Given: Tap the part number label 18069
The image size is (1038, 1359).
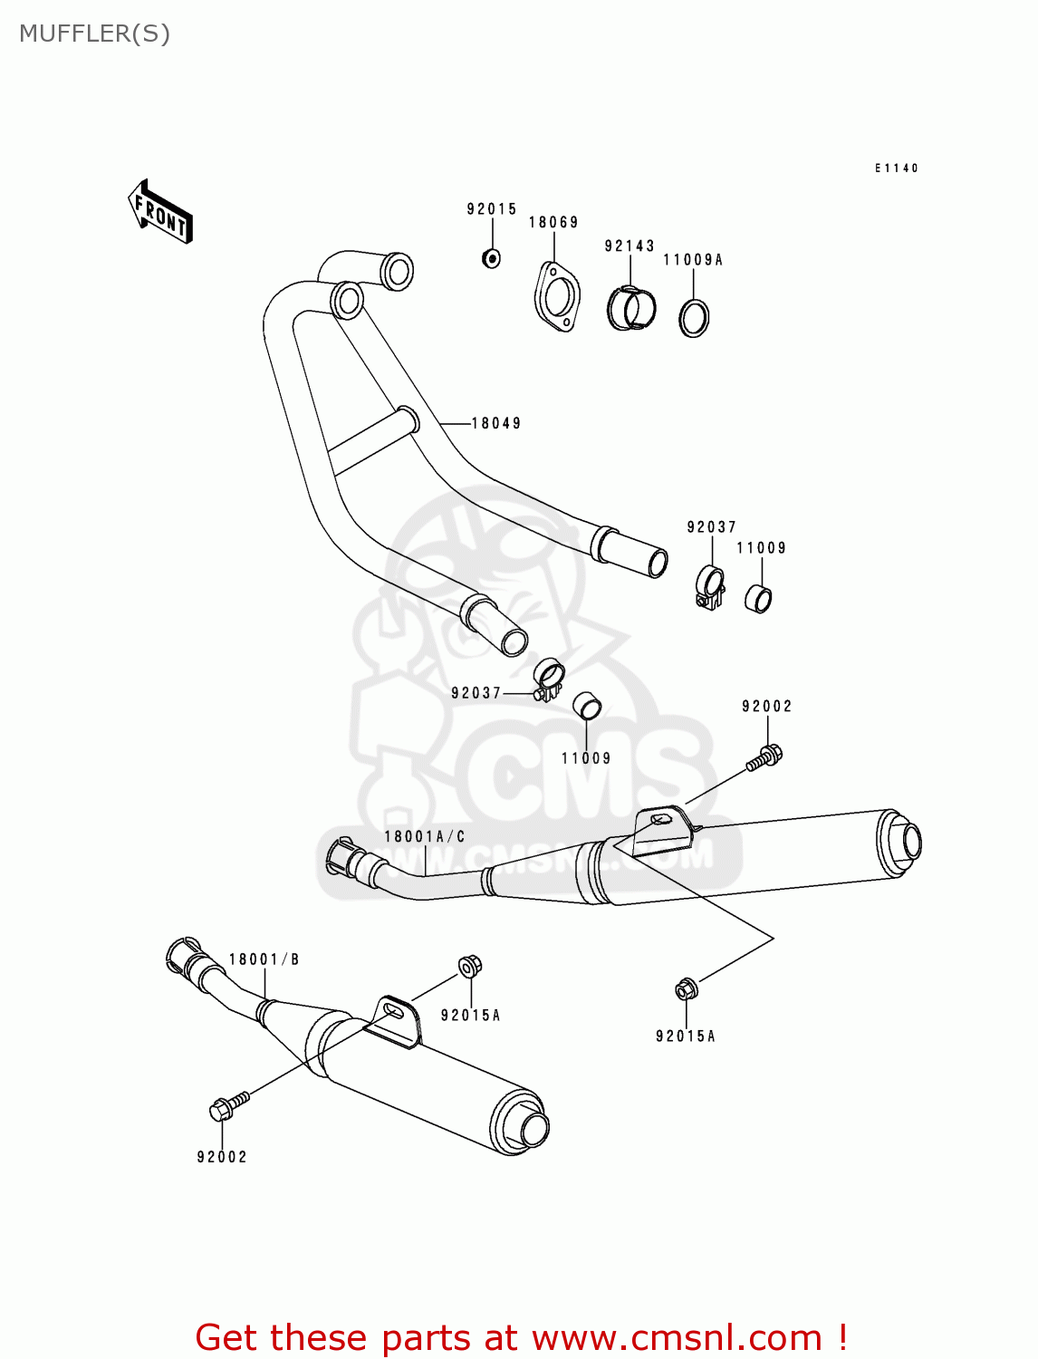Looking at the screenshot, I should tap(553, 223).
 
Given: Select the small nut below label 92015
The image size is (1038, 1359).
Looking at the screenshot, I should tap(491, 258).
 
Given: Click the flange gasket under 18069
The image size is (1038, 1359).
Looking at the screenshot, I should tap(556, 297).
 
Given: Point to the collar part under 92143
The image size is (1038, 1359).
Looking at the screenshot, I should tap(631, 308).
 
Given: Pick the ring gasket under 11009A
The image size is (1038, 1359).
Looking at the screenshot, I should tap(694, 317).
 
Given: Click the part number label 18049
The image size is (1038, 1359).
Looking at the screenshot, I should tap(496, 423).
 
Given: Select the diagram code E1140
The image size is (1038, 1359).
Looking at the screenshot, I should tap(897, 169).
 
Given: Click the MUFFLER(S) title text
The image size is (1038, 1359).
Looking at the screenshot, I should tap(94, 34).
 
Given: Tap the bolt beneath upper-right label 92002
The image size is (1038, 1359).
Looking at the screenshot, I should tap(764, 757).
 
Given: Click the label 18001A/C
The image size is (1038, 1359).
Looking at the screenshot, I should tap(425, 837).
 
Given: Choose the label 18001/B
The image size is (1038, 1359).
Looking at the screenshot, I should tap(264, 959).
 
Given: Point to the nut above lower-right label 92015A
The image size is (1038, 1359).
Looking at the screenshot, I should tap(687, 989).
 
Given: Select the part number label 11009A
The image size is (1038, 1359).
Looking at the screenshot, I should tap(693, 260).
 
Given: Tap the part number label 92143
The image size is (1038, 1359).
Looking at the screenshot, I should tap(630, 246).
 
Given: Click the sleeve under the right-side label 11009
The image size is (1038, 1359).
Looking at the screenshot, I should tap(758, 599).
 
